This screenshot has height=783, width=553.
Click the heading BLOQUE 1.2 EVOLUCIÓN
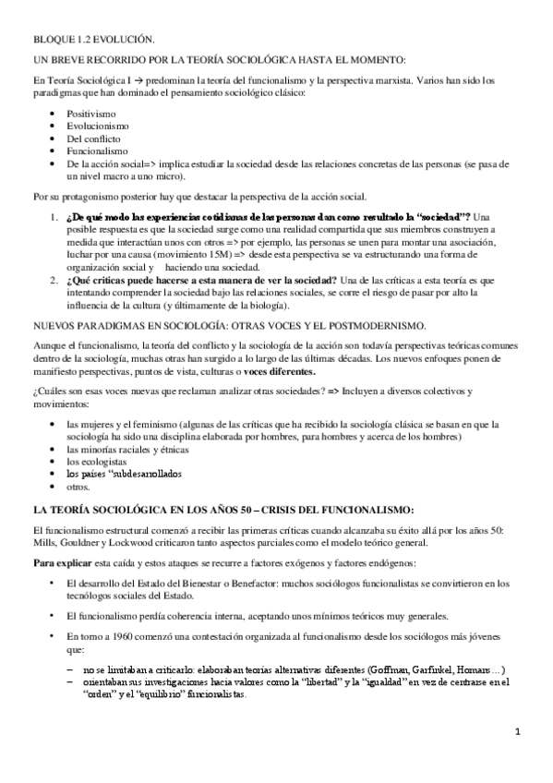[x=93, y=38]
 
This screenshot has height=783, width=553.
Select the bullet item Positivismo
[x=90, y=114]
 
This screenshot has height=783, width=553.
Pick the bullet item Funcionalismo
[x=97, y=151]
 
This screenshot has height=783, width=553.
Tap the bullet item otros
[x=78, y=486]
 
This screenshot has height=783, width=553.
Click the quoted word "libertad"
[x=310, y=682]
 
